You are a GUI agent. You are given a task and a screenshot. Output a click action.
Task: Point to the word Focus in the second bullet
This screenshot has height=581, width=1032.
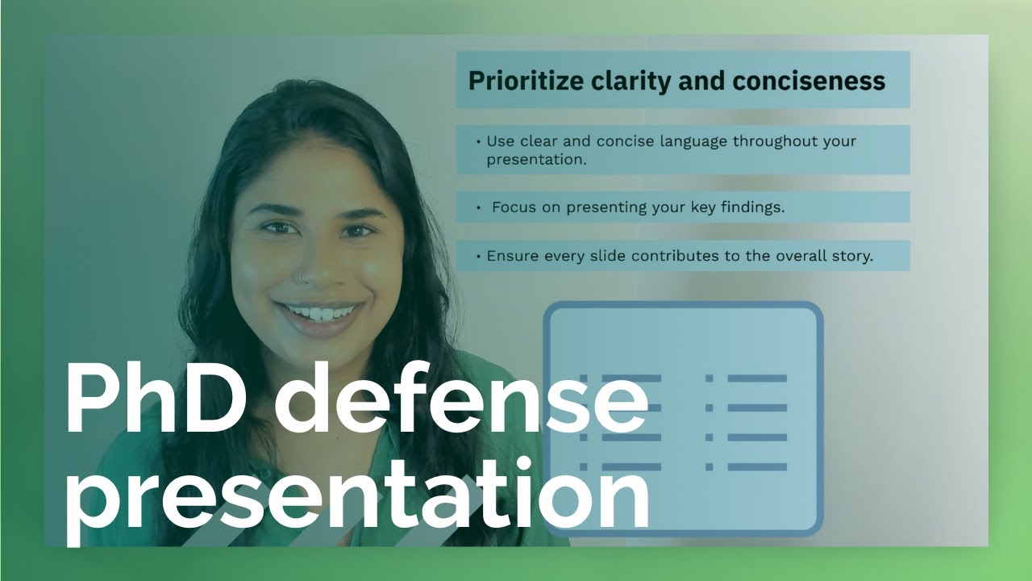coord(514,207)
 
